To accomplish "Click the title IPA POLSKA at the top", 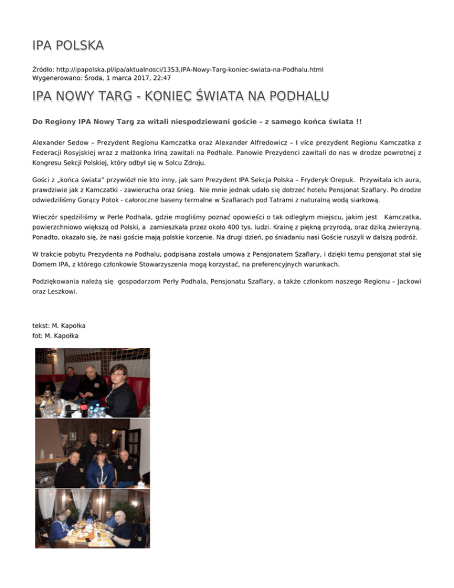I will [68, 46].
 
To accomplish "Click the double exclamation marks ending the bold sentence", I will [358, 121].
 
